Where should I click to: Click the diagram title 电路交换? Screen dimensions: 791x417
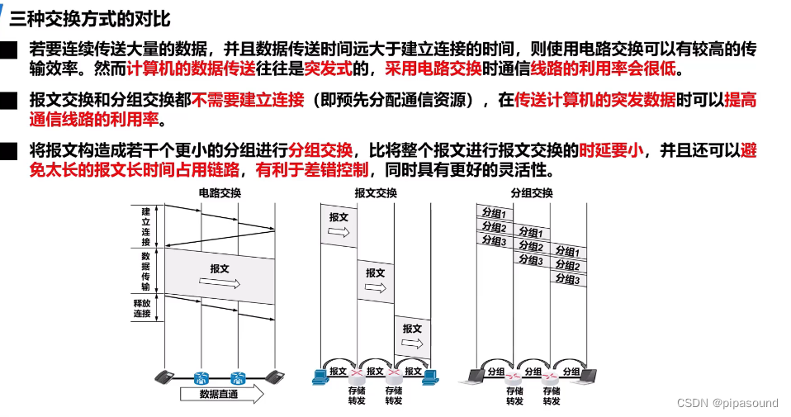219,193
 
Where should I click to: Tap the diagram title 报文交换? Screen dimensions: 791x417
375,193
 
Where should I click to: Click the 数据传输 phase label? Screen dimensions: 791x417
145,271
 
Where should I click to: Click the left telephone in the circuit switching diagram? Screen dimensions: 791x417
166,377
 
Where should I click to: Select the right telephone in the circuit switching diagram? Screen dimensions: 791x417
275,377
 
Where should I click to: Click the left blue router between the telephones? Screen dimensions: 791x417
201,377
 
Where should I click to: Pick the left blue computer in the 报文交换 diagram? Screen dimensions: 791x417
321,377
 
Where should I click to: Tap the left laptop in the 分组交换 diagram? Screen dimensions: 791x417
477,376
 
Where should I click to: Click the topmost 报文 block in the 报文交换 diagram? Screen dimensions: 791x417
339,225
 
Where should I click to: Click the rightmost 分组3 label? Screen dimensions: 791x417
567,279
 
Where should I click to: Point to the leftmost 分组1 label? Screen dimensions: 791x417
493,213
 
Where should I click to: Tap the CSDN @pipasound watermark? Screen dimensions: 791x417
727,403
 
